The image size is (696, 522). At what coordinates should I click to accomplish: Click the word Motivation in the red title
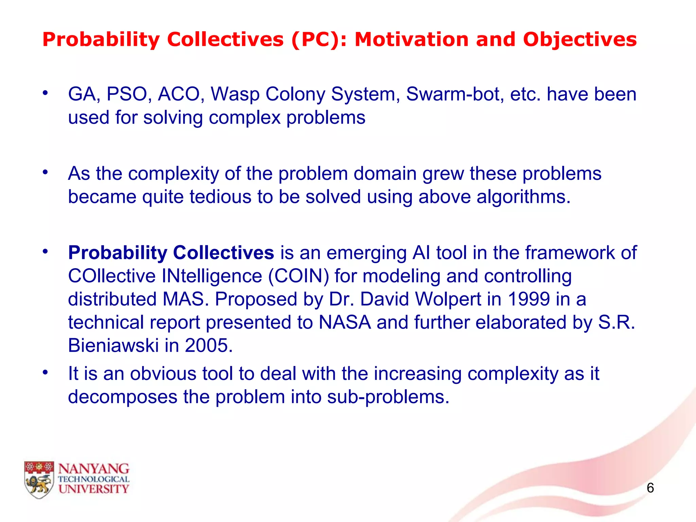[412, 39]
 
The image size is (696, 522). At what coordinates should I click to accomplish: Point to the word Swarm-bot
[455, 94]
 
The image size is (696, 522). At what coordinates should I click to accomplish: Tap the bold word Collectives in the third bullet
[223, 253]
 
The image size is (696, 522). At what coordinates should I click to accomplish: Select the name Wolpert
[448, 299]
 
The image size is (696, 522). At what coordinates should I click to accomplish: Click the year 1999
[529, 299]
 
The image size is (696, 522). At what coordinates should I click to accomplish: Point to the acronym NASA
[345, 322]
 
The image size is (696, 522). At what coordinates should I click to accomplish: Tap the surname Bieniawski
[114, 345]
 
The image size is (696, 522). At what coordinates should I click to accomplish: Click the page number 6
[650, 488]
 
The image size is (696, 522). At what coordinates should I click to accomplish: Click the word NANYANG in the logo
[94, 469]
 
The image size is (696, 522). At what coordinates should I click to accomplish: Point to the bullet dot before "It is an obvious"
[45, 372]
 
